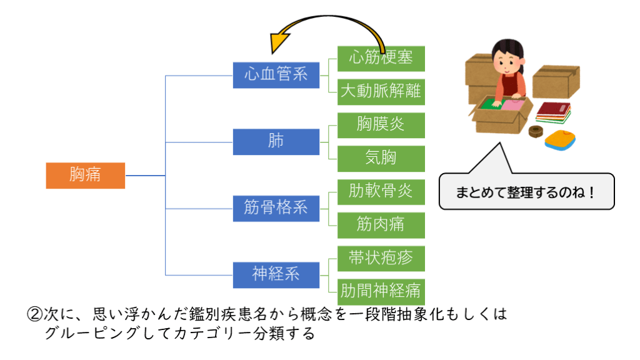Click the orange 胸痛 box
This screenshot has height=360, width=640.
coord(85,175)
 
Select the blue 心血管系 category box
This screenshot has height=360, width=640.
coord(276,74)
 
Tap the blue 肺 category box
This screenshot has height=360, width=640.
coord(276,141)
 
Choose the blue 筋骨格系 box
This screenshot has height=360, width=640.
coord(276,207)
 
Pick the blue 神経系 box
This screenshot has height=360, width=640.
coord(276,274)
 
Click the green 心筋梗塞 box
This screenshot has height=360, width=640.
coord(381,58)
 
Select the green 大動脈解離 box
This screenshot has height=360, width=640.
coord(381,92)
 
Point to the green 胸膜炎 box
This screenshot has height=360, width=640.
coord(381,125)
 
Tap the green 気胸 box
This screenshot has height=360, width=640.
coord(381,158)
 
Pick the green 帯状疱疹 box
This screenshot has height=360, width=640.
coord(381,257)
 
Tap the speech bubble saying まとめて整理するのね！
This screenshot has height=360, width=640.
coord(526,191)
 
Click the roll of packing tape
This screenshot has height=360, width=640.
coord(535,131)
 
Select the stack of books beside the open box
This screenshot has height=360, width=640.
coord(553,112)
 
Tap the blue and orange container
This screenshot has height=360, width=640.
coord(560,139)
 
